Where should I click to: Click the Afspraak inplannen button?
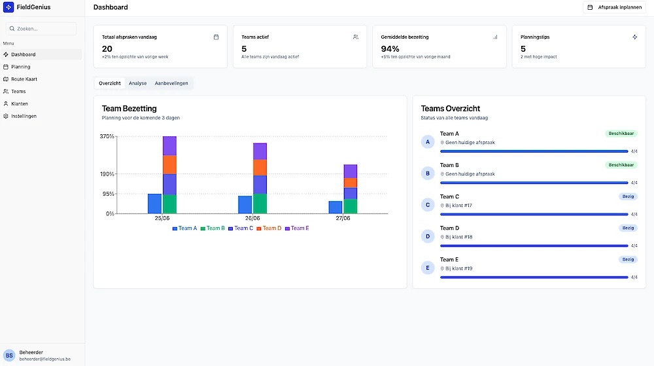click(615, 7)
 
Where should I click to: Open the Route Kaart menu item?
click(24, 79)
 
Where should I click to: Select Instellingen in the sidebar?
click(24, 116)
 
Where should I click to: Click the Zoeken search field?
click(42, 29)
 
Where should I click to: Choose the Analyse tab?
click(137, 83)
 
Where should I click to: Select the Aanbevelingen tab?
click(171, 83)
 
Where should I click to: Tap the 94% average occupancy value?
click(390, 48)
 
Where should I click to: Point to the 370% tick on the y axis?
click(107, 136)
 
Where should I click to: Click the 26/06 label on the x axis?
click(252, 218)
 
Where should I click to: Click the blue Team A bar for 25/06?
click(154, 204)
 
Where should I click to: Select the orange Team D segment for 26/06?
click(260, 168)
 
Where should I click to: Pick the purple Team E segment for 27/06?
click(350, 172)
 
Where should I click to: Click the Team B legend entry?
click(213, 229)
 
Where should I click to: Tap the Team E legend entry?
click(297, 229)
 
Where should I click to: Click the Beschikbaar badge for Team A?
click(621, 134)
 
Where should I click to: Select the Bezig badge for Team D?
click(628, 228)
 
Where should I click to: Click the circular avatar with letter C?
click(428, 205)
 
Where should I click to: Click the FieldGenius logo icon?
click(9, 7)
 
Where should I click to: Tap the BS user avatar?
click(9, 355)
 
